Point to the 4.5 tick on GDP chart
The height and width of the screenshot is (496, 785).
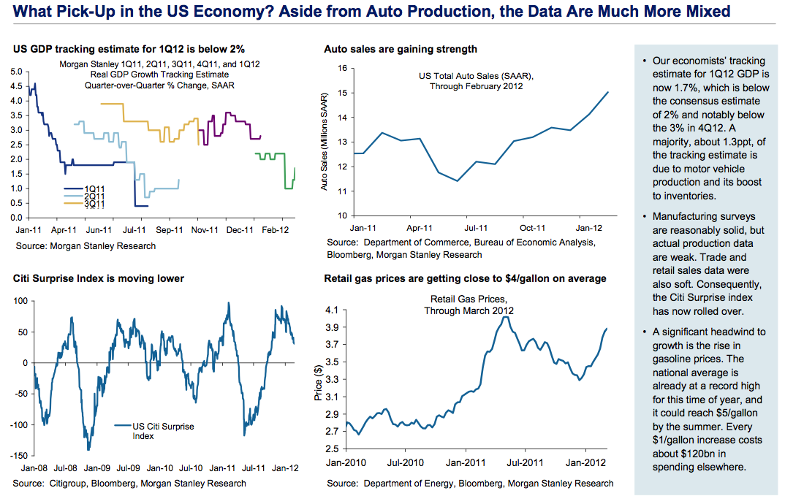point(17,86)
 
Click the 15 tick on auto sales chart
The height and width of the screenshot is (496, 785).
point(340,93)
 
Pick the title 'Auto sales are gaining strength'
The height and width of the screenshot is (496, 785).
point(401,49)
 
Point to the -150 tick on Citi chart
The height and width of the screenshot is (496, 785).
point(15,456)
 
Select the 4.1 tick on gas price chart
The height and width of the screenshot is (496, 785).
point(333,310)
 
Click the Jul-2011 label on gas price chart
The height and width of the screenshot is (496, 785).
point(523,462)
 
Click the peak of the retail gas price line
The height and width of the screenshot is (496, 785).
point(506,316)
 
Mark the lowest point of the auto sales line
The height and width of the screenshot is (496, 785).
point(458,180)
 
